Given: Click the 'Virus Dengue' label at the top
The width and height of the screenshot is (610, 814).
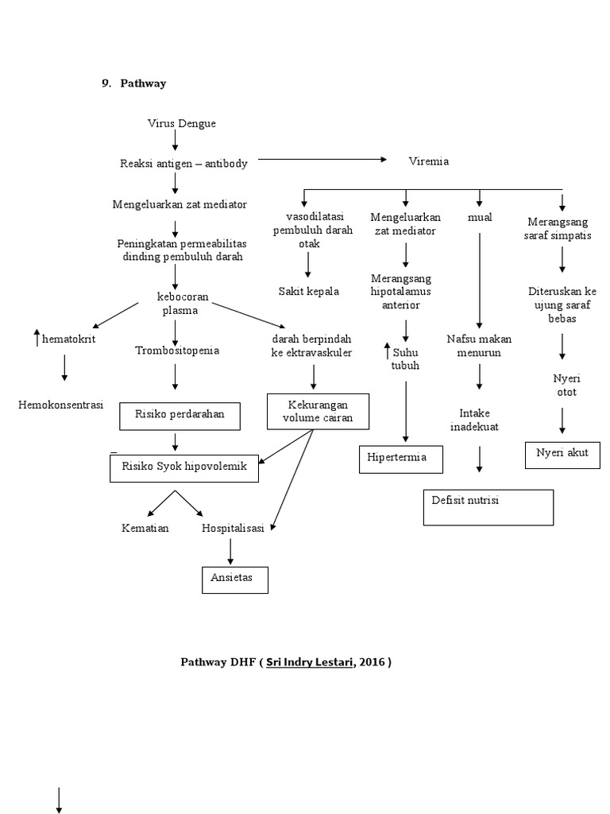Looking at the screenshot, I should [x=181, y=123].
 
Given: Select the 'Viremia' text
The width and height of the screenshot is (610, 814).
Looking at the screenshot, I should [x=428, y=161].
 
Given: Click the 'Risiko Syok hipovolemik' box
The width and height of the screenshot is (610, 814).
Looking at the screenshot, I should [x=183, y=467].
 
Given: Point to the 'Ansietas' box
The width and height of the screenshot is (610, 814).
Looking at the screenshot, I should [x=235, y=579].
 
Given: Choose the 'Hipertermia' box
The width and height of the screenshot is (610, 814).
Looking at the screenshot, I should [x=401, y=459].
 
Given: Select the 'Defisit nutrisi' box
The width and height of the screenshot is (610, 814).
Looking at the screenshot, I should [x=488, y=507].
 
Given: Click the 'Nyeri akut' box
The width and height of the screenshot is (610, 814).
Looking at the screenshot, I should [x=562, y=455].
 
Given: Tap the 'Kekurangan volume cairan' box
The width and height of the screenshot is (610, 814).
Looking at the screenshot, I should [x=319, y=411].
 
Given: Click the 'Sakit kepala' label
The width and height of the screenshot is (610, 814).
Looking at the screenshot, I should [x=308, y=291].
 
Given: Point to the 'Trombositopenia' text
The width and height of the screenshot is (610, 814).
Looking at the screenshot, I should [x=176, y=350].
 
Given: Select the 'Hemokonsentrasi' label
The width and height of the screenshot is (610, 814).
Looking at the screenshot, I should [x=61, y=405].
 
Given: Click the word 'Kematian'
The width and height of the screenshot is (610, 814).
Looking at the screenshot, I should [x=145, y=529].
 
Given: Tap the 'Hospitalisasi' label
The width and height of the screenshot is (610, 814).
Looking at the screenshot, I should [x=232, y=529].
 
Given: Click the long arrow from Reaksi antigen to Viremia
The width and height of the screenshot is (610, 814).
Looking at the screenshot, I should [x=322, y=160].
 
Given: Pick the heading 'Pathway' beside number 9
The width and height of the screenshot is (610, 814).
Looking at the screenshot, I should [x=143, y=83].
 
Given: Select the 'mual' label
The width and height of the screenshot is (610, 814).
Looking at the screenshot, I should [x=480, y=217].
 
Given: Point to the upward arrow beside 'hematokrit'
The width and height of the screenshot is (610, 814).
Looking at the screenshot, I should [x=36, y=338].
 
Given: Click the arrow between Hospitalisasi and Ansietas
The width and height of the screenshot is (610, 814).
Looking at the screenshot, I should [x=230, y=550].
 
